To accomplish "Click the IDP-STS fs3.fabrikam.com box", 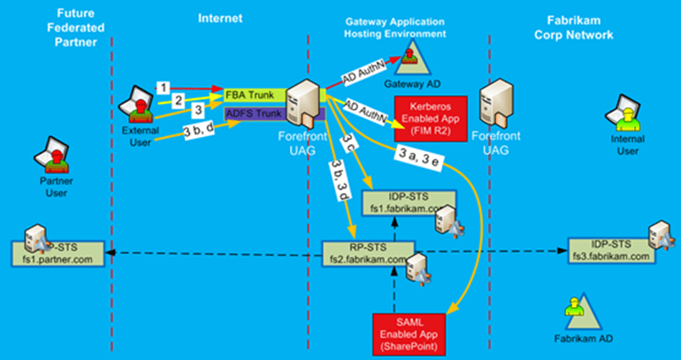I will click(613, 250).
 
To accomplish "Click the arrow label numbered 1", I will click(163, 87).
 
